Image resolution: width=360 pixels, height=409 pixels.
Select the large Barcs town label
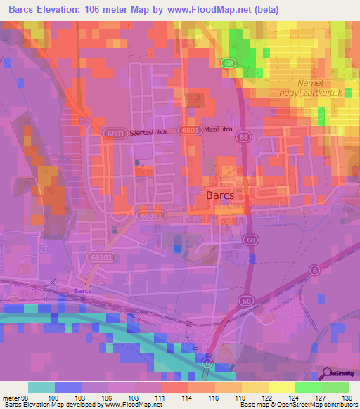(220, 194)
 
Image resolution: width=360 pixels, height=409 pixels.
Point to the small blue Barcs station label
(83, 290)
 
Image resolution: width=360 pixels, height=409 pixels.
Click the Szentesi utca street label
(151, 131)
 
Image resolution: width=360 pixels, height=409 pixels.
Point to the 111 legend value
(160, 398)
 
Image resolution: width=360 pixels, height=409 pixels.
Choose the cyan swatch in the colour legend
(41, 387)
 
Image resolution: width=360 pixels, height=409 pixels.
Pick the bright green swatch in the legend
(309, 387)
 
